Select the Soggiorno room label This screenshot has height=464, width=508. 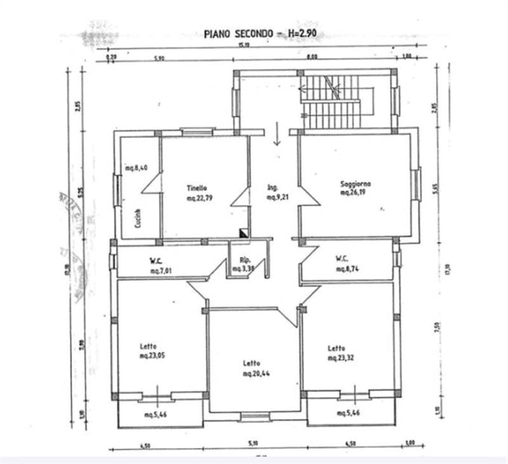click(355, 184)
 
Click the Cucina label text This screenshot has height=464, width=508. click(138, 218)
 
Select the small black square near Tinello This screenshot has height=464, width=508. click(243, 233)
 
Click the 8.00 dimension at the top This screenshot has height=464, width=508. click(311, 57)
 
